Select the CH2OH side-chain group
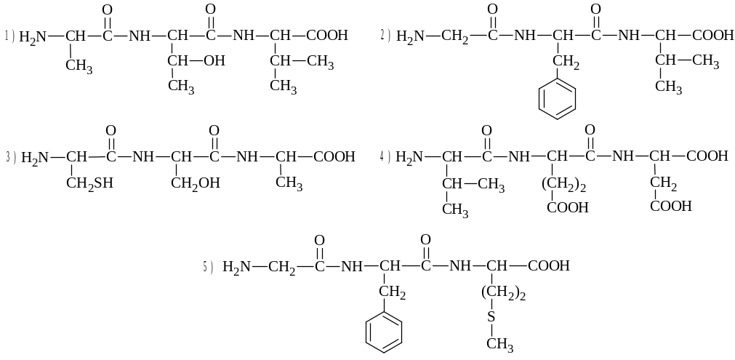(195, 183)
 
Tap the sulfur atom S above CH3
(491, 316)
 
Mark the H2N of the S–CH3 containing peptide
(236, 267)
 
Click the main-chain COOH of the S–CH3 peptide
(549, 267)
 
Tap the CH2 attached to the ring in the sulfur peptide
(393, 293)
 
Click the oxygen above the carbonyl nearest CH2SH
(111, 130)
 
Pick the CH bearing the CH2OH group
(183, 156)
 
